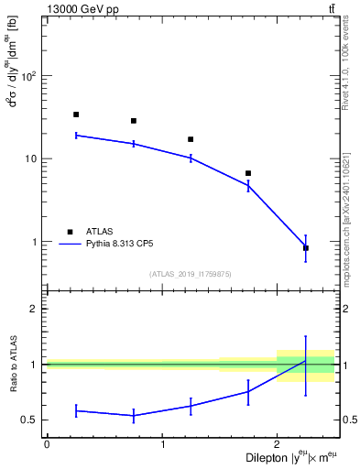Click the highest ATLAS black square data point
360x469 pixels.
(76, 115)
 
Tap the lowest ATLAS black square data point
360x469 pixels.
(305, 248)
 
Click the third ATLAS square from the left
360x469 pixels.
(191, 139)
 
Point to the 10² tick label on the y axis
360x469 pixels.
(31, 75)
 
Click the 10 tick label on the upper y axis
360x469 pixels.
(34, 158)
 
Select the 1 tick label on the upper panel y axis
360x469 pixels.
(37, 242)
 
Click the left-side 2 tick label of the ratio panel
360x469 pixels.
(37, 309)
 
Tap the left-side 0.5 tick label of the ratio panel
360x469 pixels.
(32, 420)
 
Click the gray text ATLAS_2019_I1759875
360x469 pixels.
(191, 273)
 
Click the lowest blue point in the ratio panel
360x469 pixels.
(134, 416)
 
